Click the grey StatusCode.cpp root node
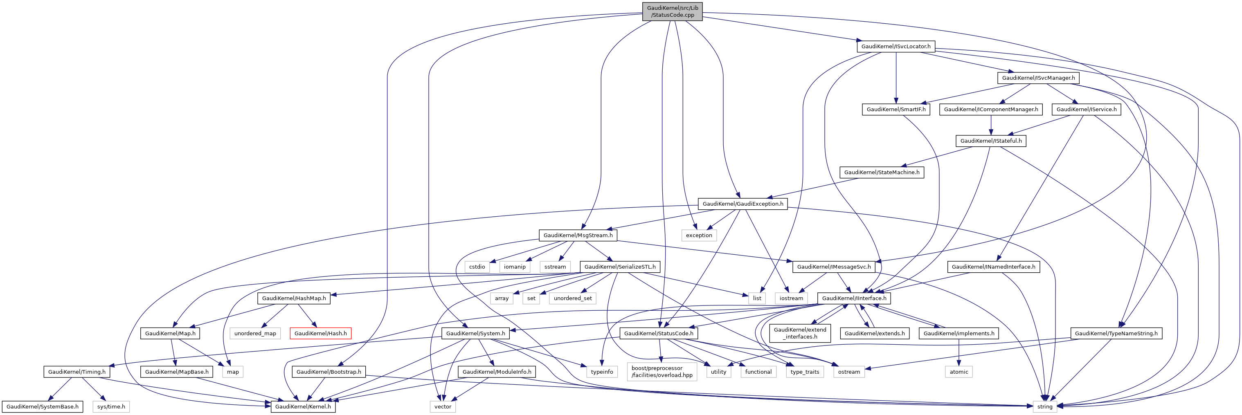(x=672, y=11)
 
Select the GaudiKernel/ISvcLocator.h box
(x=896, y=46)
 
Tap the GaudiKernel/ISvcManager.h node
(x=1038, y=78)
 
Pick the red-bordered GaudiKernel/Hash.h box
(x=320, y=333)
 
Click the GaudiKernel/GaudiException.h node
(x=742, y=204)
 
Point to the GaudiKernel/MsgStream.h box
(x=578, y=235)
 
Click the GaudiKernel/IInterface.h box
(x=854, y=298)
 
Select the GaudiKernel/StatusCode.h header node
(x=658, y=333)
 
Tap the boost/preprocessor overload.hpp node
(x=661, y=372)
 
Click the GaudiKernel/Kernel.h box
(x=303, y=406)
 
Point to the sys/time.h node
(x=111, y=406)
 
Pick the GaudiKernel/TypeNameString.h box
(x=1116, y=333)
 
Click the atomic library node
(x=959, y=372)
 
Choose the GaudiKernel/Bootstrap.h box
(x=328, y=372)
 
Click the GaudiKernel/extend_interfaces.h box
(x=799, y=333)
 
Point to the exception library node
(x=699, y=235)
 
